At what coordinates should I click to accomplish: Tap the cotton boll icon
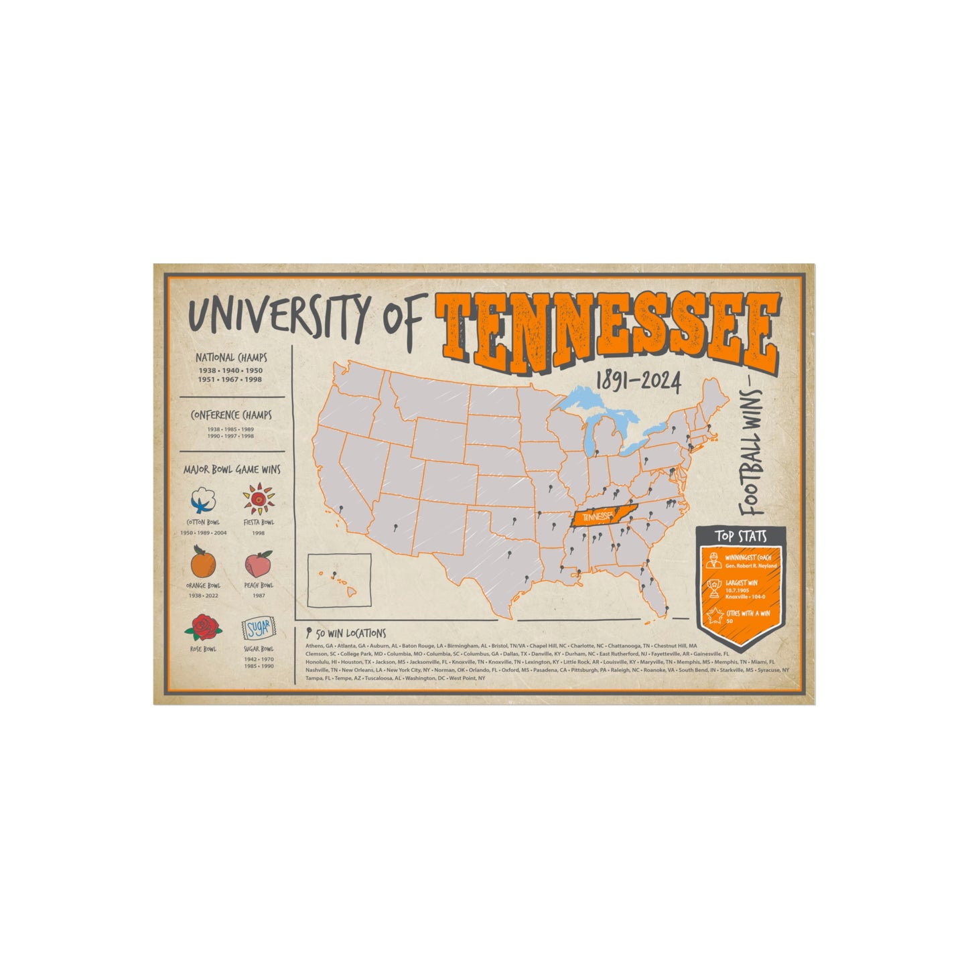pyautogui.click(x=204, y=500)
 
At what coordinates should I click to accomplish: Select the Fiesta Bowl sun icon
pyautogui.click(x=258, y=500)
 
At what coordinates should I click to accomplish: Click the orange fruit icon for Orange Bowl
pyautogui.click(x=203, y=563)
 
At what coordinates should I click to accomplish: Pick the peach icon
pyautogui.click(x=259, y=564)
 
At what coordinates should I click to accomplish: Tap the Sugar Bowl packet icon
pyautogui.click(x=258, y=628)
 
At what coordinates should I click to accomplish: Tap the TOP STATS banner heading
pyautogui.click(x=740, y=536)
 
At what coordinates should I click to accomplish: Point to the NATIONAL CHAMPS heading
pyautogui.click(x=231, y=358)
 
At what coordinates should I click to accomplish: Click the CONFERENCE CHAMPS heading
pyautogui.click(x=231, y=415)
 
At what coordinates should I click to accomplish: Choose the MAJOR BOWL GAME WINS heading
pyautogui.click(x=232, y=470)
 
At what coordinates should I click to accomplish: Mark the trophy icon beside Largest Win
pyautogui.click(x=715, y=587)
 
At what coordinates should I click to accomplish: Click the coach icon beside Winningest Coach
pyautogui.click(x=714, y=561)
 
